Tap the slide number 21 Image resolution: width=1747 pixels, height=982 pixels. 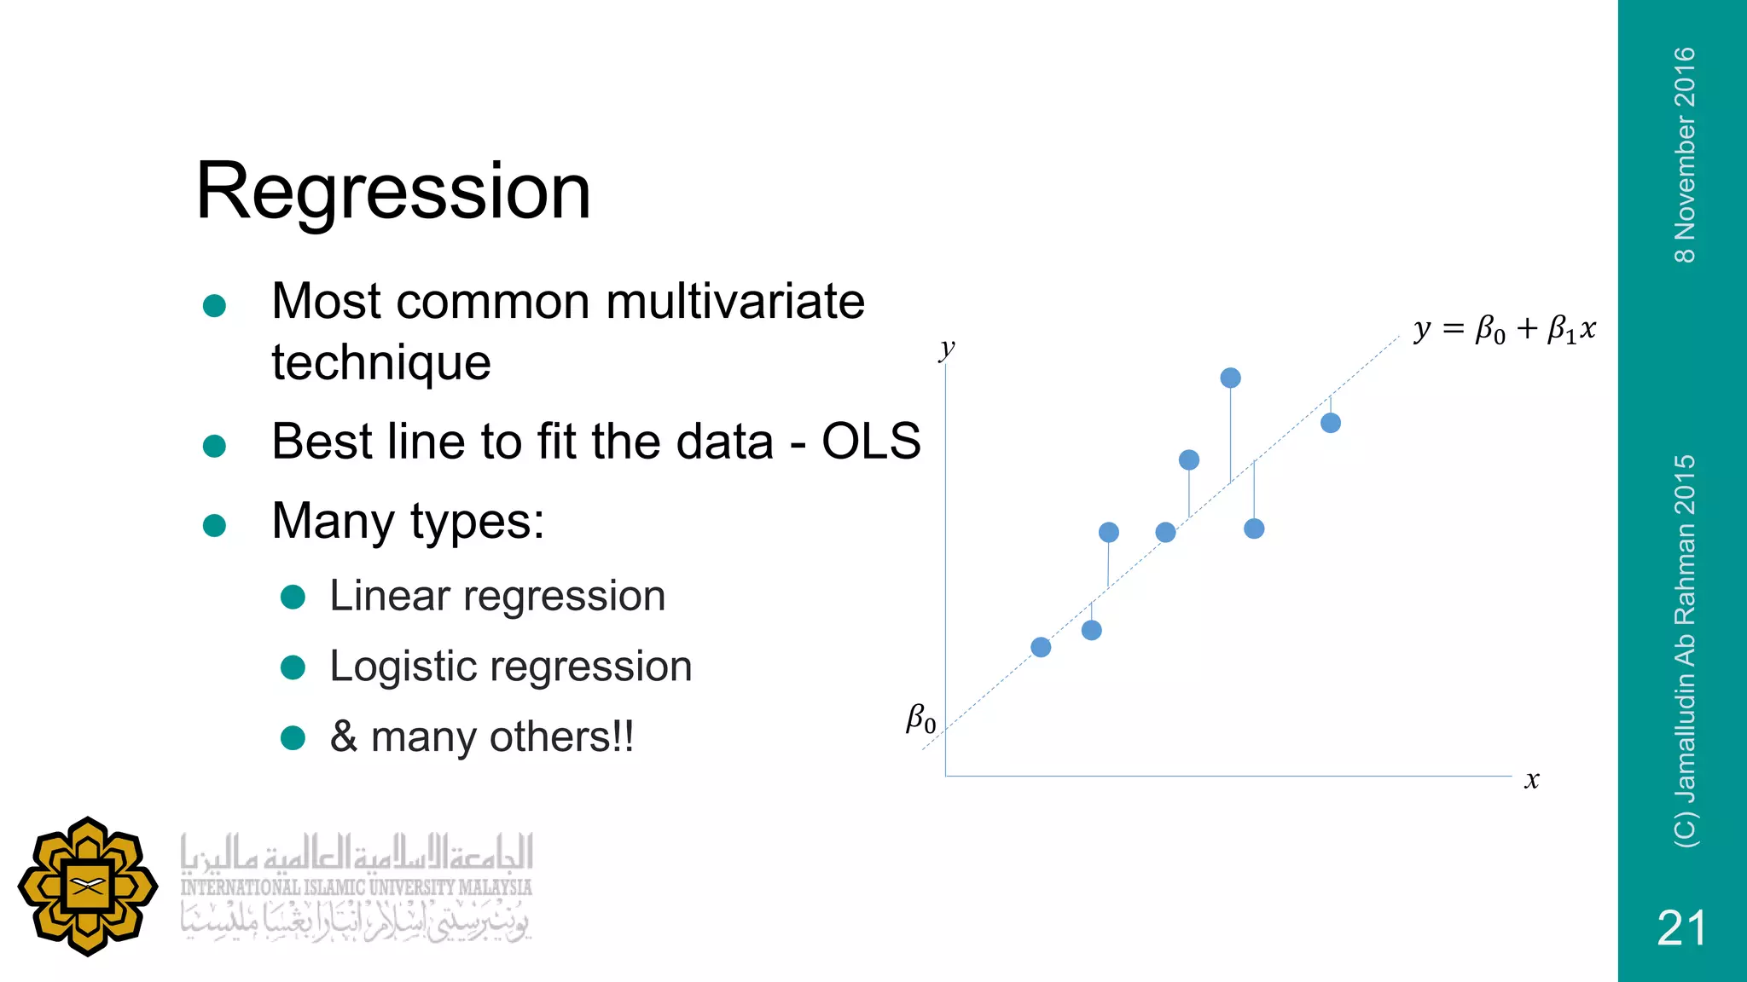pos(1681,927)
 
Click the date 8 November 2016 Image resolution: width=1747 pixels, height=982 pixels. pos(1685,154)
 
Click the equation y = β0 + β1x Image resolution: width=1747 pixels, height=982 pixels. pos(1504,329)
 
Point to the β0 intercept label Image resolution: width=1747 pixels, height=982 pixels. pos(920,719)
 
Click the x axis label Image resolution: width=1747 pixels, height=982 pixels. pos(1532,780)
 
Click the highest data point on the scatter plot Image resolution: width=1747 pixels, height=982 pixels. pos(1230,378)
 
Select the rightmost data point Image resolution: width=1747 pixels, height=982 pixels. pos(1331,423)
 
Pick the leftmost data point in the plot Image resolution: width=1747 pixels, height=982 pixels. pos(1041,647)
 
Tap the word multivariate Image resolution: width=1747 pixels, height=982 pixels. pos(735,302)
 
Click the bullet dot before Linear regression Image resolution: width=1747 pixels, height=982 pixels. pos(293,597)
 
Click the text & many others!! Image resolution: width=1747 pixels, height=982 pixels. pos(482,737)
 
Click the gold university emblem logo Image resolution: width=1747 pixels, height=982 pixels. pos(88,887)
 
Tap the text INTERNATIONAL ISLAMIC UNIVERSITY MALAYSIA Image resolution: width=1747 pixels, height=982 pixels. pos(356,887)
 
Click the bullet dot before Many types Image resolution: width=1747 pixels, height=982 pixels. pos(214,525)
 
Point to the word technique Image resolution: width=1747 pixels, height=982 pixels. pos(381,363)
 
